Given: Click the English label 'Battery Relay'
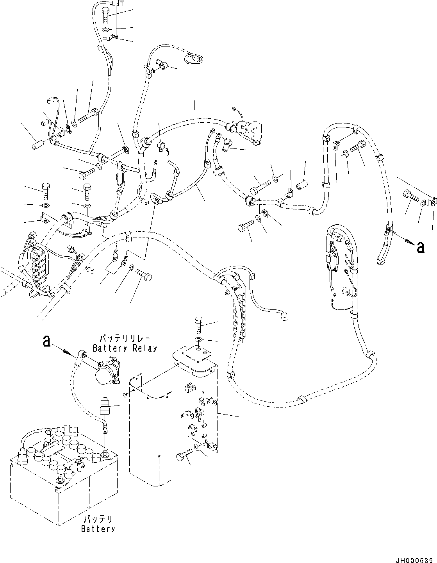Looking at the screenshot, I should tap(125, 348).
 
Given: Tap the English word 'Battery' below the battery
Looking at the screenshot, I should tap(98, 529).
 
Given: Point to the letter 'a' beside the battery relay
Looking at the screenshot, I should tap(46, 341).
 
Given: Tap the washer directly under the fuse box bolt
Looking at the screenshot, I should tap(198, 338).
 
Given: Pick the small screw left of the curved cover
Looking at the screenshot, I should tap(124, 395).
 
